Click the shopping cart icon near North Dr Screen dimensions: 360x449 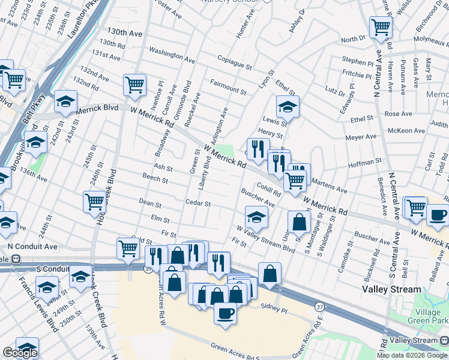pyautogui.click(x=381, y=26)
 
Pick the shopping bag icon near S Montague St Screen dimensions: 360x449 pyautogui.click(x=299, y=222)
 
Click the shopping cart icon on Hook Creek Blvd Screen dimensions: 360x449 pyautogui.click(x=95, y=202)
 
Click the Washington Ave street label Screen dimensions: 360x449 pyautogui.click(x=172, y=55)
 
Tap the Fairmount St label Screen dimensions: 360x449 pyautogui.click(x=228, y=86)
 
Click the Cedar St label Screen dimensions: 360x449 pyautogui.click(x=197, y=203)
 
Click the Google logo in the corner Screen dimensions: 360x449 pyautogui.click(x=20, y=353)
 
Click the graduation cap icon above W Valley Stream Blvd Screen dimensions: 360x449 pyautogui.click(x=256, y=217)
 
